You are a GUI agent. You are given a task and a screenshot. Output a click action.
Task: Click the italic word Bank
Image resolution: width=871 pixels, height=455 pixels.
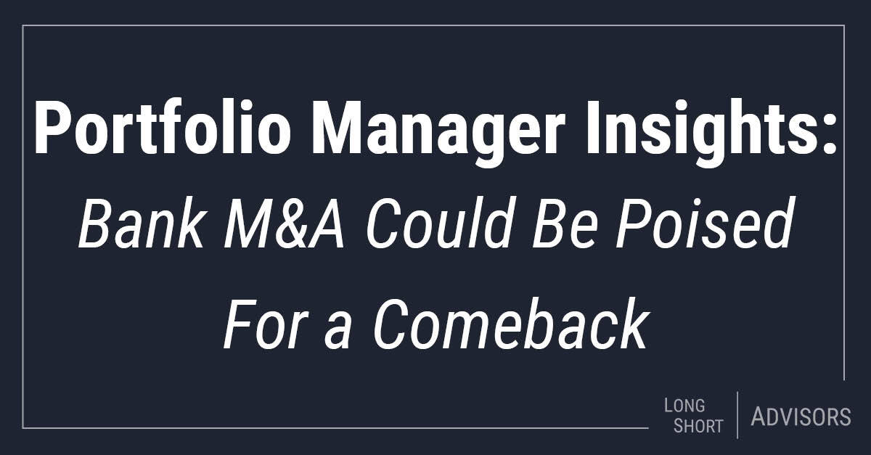pyautogui.click(x=141, y=224)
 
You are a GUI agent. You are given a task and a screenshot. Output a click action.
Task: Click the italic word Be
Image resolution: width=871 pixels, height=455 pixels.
pyautogui.click(x=564, y=224)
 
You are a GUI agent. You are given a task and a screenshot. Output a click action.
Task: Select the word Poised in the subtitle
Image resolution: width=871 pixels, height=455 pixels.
pyautogui.click(x=704, y=224)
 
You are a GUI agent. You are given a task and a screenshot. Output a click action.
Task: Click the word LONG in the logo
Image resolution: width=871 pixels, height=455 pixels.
pyautogui.click(x=684, y=406)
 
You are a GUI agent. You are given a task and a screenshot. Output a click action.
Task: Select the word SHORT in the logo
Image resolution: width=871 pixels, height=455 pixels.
pyautogui.click(x=698, y=427)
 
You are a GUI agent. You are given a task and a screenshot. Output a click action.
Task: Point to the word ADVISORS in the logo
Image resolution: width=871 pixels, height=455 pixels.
pyautogui.click(x=801, y=417)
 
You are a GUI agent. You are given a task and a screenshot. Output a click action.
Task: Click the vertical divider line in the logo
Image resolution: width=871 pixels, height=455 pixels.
pyautogui.click(x=737, y=415)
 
